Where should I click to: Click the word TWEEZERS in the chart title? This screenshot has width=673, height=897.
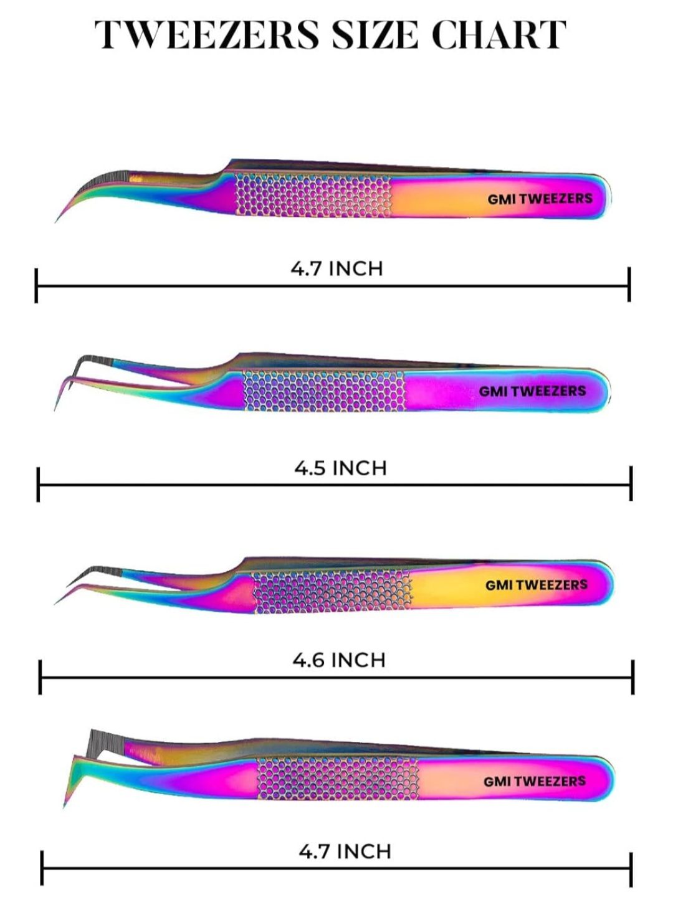[207, 35]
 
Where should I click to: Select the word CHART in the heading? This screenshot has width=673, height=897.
[499, 35]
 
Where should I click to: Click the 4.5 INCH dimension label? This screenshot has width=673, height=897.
[340, 468]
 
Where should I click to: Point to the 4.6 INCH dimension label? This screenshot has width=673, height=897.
[339, 660]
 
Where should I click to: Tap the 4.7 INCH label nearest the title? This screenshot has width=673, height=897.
[336, 269]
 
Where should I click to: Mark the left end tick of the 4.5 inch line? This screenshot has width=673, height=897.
[38, 485]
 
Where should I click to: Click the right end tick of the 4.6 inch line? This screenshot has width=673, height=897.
[632, 677]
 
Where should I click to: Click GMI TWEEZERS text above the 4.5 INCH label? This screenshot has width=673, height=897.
[532, 391]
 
